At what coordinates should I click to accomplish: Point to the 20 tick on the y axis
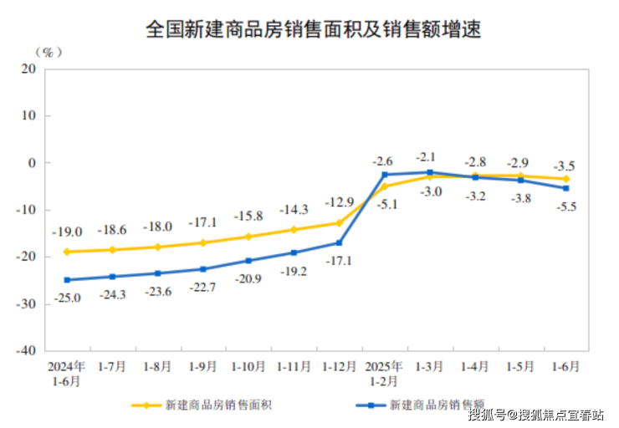tap(28, 69)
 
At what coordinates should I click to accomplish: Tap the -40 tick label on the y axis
tap(25, 350)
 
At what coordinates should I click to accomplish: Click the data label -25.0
tap(67, 298)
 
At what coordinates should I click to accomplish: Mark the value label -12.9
tap(339, 201)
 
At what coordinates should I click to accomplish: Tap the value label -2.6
tap(383, 159)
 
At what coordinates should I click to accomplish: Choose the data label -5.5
tap(565, 206)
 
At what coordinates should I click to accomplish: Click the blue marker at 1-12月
tap(339, 243)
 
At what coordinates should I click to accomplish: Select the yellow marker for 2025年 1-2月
tap(384, 186)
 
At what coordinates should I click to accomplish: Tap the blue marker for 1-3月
tap(429, 172)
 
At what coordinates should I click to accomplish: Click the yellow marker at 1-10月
tap(248, 237)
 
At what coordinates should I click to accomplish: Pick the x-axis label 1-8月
tap(157, 367)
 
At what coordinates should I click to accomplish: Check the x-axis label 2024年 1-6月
tap(67, 374)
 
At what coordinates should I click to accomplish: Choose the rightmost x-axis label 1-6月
tap(565, 367)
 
